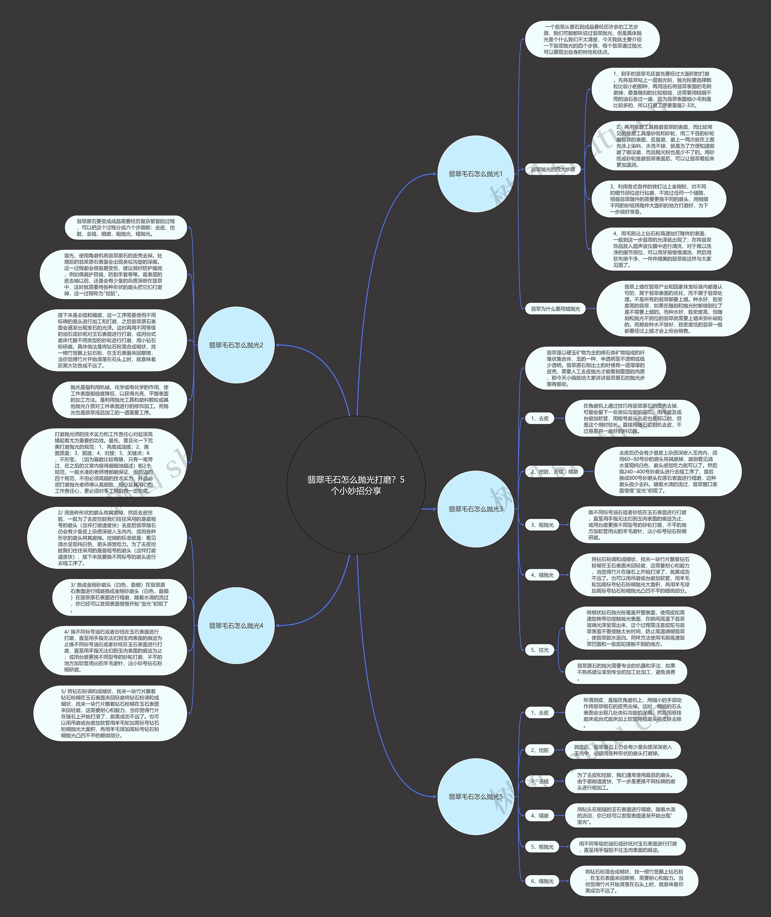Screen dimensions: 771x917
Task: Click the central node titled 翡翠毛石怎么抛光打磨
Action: point(356,485)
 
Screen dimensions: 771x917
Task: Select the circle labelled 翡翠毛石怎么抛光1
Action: point(476,174)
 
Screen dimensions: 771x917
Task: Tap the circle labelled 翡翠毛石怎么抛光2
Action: point(236,345)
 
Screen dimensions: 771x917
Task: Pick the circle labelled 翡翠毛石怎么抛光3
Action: point(476,509)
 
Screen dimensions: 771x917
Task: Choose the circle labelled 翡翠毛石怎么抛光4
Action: point(236,626)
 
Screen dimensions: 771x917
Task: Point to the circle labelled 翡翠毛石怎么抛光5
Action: point(476,796)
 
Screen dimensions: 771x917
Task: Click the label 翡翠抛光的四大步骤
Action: point(553,169)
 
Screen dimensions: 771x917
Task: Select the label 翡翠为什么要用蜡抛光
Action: point(555,309)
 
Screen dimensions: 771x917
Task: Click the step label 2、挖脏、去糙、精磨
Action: point(554,472)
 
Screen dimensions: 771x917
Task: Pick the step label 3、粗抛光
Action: point(542,525)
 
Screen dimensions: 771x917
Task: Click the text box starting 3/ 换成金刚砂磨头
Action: point(119,597)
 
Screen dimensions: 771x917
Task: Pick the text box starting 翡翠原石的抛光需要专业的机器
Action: point(626,672)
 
